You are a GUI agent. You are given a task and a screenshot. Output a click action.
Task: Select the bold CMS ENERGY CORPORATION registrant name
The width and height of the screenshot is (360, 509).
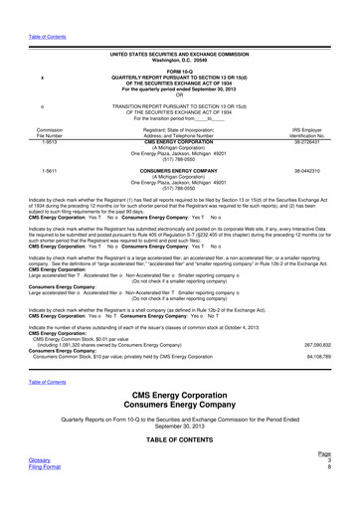tap(181, 139)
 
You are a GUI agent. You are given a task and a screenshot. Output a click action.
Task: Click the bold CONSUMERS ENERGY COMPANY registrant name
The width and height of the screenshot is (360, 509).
tap(181, 170)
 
